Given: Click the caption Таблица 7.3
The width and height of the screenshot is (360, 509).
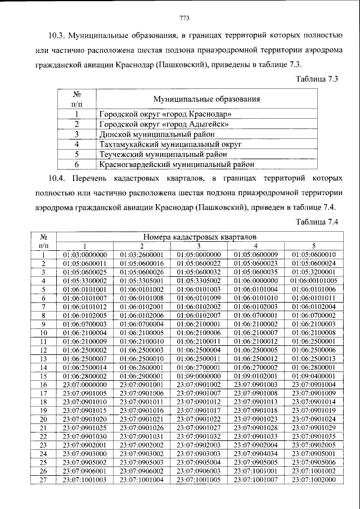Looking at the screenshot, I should click(x=316, y=79).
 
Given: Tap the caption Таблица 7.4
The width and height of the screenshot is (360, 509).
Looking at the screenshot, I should click(x=316, y=222).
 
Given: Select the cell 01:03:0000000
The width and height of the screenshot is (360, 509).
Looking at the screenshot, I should click(x=85, y=255).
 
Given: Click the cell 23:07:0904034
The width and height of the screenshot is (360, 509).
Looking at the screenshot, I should click(x=256, y=453).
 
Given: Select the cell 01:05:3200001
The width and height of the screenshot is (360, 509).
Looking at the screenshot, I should click(x=314, y=272).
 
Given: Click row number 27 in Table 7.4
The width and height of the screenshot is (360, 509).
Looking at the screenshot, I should click(x=43, y=479).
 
